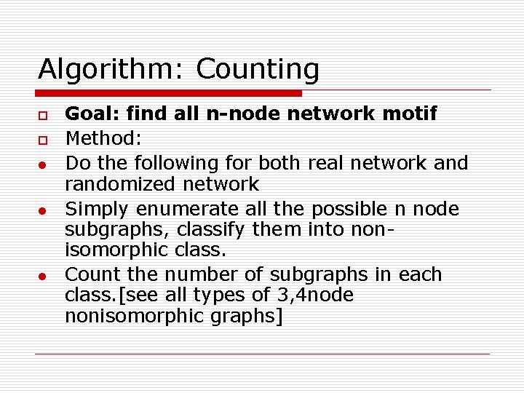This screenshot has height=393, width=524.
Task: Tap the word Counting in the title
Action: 258,70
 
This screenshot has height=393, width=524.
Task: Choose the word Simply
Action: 91,209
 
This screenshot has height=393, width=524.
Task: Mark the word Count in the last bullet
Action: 90,274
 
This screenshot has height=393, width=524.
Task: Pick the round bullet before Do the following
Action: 44,163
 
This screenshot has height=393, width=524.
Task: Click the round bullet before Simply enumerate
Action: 44,210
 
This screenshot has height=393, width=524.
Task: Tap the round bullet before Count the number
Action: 44,276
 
